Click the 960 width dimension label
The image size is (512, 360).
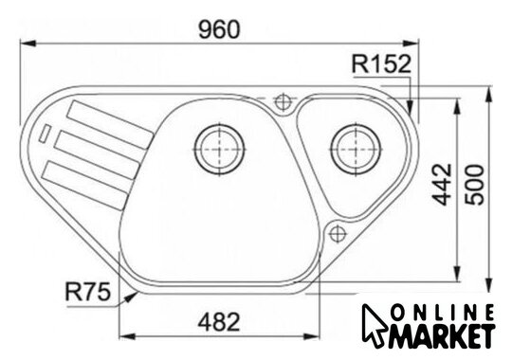pos(219,29)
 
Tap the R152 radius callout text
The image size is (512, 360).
pos(381,64)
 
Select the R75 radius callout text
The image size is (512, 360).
pos(88,292)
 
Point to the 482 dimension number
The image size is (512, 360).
pos(219,322)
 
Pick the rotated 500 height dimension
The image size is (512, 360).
pos(474,185)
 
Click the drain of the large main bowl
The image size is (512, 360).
pos(219,149)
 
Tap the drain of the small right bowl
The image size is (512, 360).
pos(356,149)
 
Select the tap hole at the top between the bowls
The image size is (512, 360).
pos(283,101)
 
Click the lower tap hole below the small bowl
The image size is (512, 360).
pos(338,234)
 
